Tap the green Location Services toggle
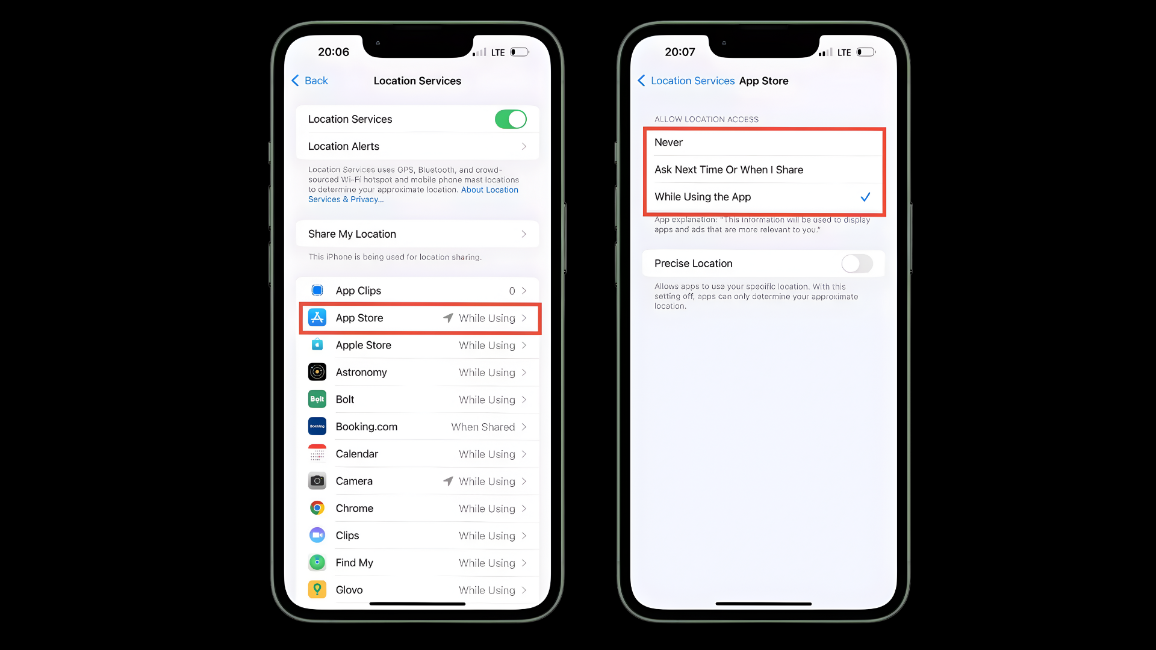[511, 119]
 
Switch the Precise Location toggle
[857, 264]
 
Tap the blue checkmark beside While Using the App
[865, 197]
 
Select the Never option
[668, 143]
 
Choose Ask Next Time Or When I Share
[729, 170]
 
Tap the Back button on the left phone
[309, 81]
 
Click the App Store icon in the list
[317, 317]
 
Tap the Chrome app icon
[317, 508]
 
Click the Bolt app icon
[317, 399]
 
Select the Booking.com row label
[367, 427]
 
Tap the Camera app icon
[317, 481]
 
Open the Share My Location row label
[352, 234]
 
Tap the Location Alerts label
[344, 146]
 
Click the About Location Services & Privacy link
[413, 194]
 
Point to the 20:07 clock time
[680, 52]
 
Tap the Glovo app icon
[317, 589]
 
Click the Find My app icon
[317, 562]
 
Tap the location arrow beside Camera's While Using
[448, 481]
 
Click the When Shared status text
[483, 427]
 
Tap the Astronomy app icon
[317, 372]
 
